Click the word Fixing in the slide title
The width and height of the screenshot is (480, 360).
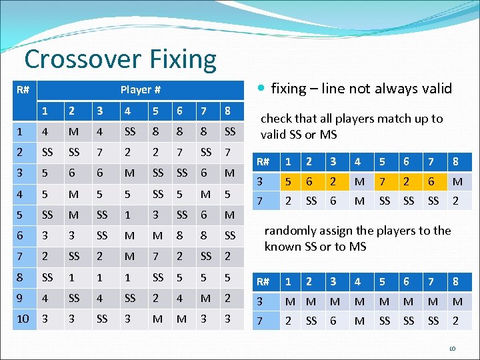coord(180,59)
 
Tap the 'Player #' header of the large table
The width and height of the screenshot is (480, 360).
coord(140,89)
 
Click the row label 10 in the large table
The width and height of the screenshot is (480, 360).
coord(23,319)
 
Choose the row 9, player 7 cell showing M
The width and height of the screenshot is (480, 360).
coord(205,298)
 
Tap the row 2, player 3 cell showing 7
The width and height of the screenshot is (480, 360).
coord(100,152)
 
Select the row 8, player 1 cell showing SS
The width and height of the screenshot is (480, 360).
coord(47,277)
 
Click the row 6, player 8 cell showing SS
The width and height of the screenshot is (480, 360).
coord(230,235)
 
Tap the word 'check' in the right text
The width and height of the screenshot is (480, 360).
coord(275,119)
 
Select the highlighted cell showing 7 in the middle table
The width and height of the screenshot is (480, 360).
coord(383,182)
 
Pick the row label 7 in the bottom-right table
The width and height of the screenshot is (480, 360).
coord(263,321)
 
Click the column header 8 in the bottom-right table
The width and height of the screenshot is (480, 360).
coord(455,281)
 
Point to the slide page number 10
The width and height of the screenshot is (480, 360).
coord(451,348)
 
